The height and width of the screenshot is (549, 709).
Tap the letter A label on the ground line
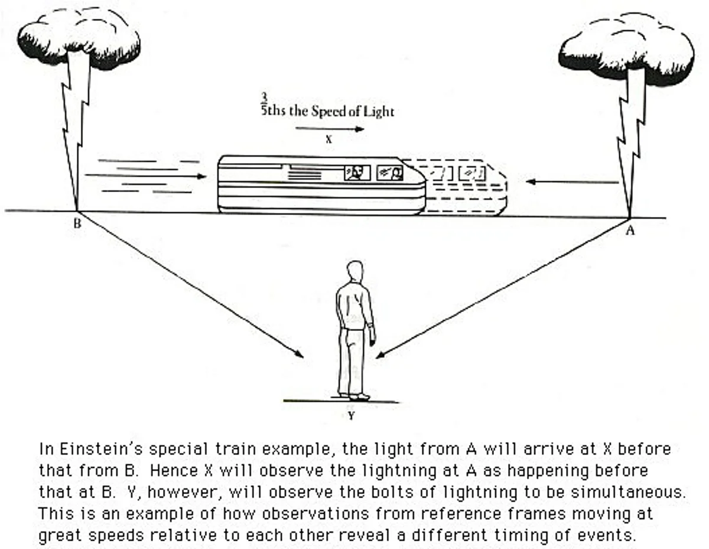coord(630,231)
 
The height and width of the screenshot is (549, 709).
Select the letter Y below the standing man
coord(351,416)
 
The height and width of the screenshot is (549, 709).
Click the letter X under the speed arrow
coord(329,140)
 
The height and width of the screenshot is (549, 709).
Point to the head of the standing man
coord(354,271)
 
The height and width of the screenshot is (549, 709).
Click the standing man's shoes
coord(354,396)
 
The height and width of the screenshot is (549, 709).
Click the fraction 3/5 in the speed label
coord(265,104)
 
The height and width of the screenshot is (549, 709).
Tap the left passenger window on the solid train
coord(357,173)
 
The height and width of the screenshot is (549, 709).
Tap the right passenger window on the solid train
coord(390,173)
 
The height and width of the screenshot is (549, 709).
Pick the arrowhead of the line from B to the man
coord(301,355)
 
